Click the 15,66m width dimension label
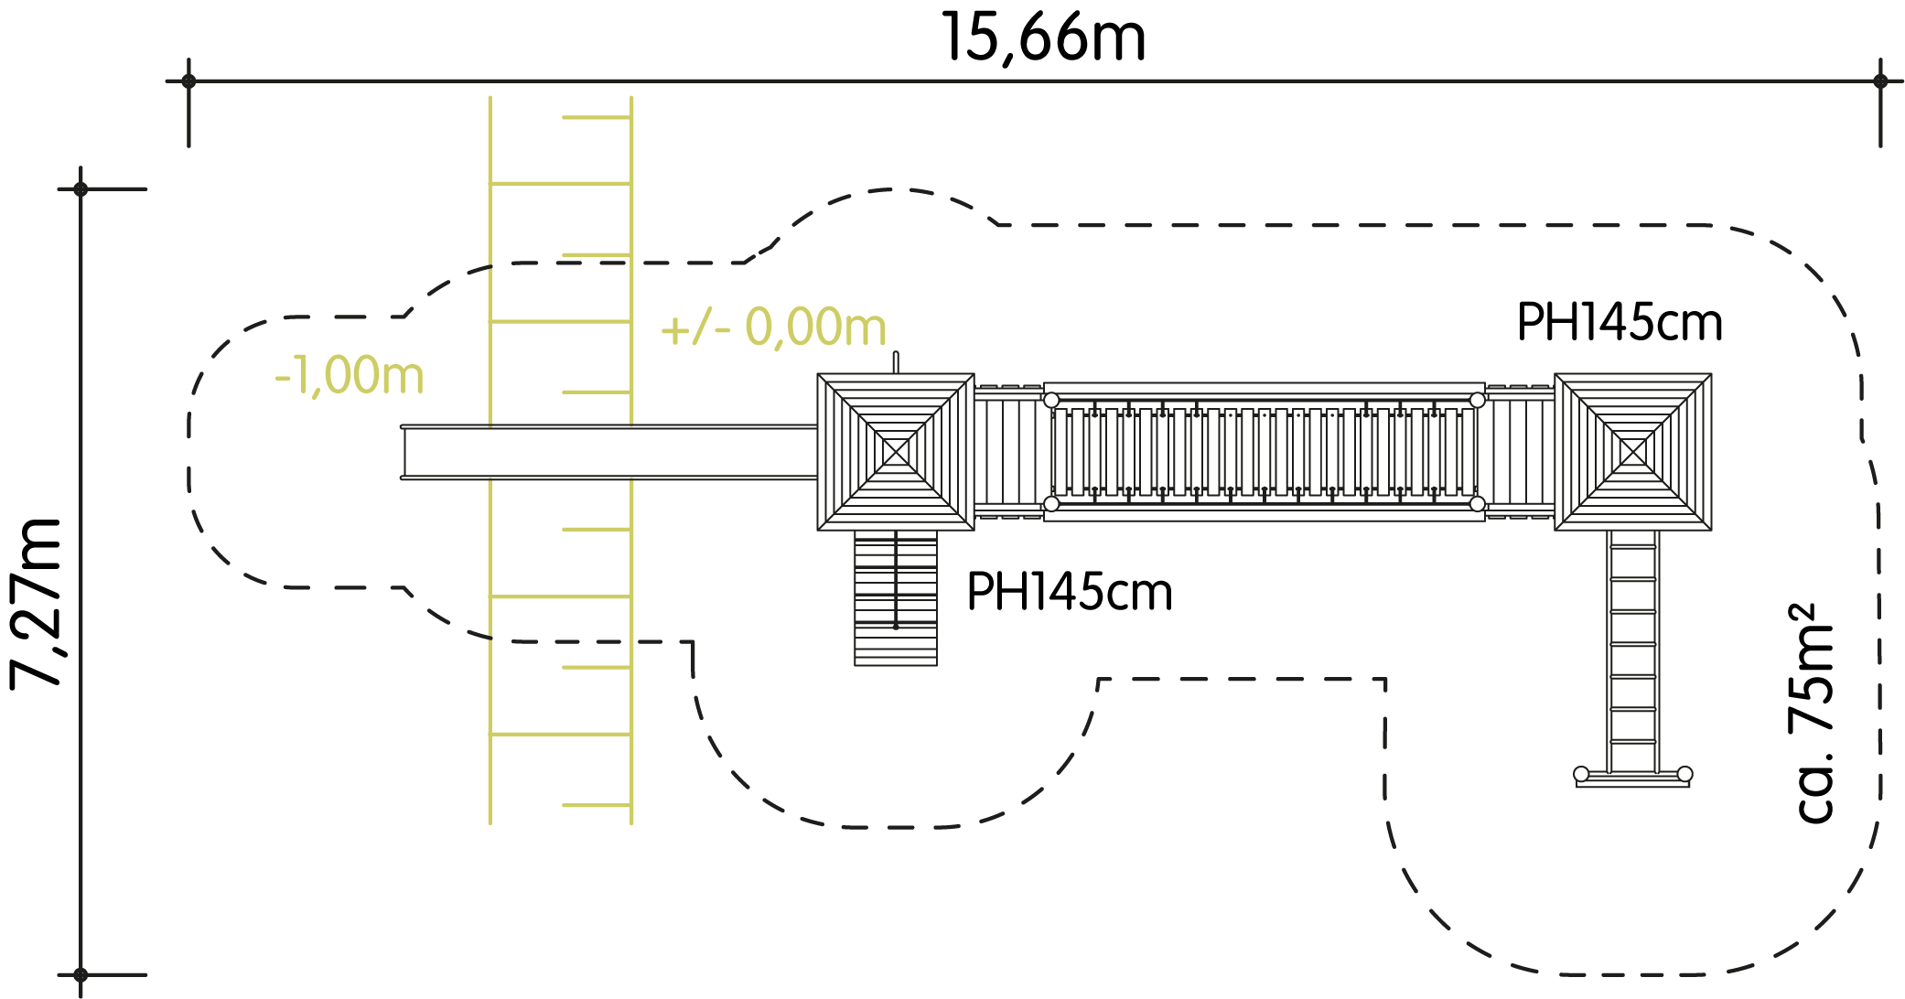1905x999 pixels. pyautogui.click(x=1043, y=38)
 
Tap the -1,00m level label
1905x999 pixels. pyautogui.click(x=350, y=375)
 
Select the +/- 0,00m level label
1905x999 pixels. pyautogui.click(x=773, y=328)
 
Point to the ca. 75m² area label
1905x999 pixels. pyautogui.click(x=1812, y=713)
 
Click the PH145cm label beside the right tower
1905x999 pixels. pyautogui.click(x=1620, y=322)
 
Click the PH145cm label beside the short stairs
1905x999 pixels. pyautogui.click(x=1070, y=592)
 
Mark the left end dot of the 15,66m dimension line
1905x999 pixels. pyautogui.click(x=188, y=81)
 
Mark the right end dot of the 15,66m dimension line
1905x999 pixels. pyautogui.click(x=1880, y=81)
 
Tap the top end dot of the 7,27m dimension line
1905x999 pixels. pyautogui.click(x=81, y=189)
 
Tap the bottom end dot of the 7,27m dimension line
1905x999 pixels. pyautogui.click(x=81, y=975)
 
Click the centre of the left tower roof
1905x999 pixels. pyautogui.click(x=896, y=452)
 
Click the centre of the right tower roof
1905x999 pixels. pyautogui.click(x=1633, y=452)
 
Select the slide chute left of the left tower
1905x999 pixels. pyautogui.click(x=609, y=452)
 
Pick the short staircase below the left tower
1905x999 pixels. pyautogui.click(x=896, y=598)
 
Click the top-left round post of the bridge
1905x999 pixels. pyautogui.click(x=1051, y=400)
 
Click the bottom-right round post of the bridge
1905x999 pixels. pyautogui.click(x=1478, y=504)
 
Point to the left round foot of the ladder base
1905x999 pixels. pyautogui.click(x=1581, y=774)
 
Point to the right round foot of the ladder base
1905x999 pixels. pyautogui.click(x=1685, y=774)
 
